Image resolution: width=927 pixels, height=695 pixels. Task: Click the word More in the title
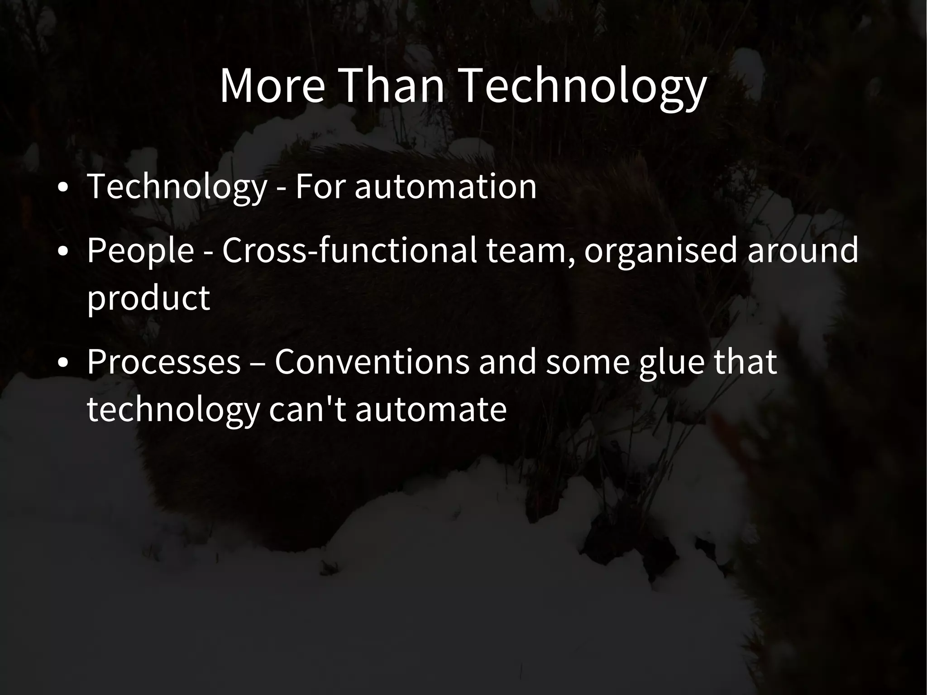click(x=272, y=86)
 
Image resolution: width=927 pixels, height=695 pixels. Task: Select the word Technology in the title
click(x=584, y=86)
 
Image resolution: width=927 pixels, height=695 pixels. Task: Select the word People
click(x=140, y=250)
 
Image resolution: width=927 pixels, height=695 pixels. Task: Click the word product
click(x=148, y=298)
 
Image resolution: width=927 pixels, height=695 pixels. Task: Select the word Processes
click(x=163, y=362)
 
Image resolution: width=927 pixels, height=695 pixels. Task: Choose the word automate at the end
click(x=430, y=409)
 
